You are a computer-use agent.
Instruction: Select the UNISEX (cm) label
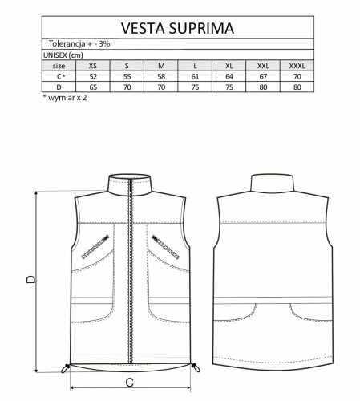point(62,55)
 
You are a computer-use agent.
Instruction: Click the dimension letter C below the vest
point(128,383)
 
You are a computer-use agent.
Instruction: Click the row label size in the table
point(58,65)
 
